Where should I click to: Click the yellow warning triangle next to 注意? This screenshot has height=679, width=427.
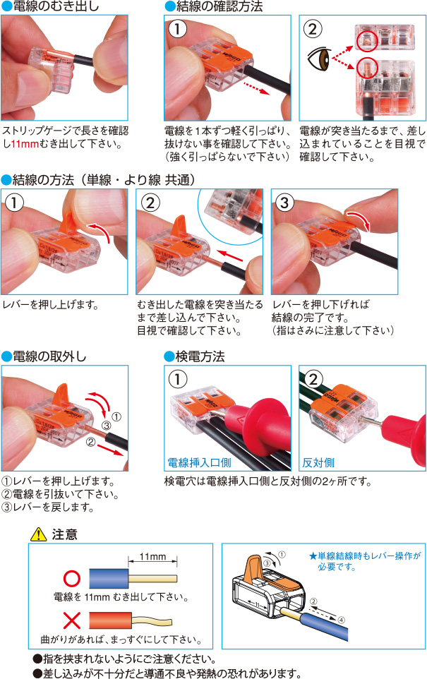(x=37, y=535)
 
